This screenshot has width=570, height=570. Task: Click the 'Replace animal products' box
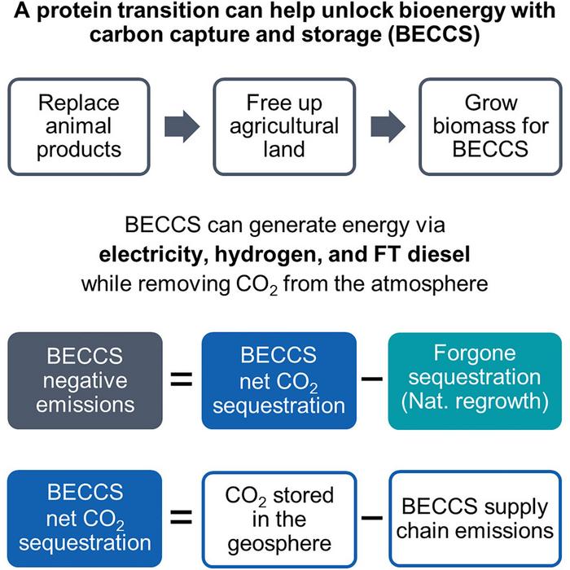coord(78,127)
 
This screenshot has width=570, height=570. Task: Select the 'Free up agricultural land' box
coord(284,127)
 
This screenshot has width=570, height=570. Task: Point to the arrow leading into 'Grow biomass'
coord(387,127)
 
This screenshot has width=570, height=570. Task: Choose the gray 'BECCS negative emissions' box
coord(78,379)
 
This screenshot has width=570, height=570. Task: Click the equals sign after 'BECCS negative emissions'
coord(181,379)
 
